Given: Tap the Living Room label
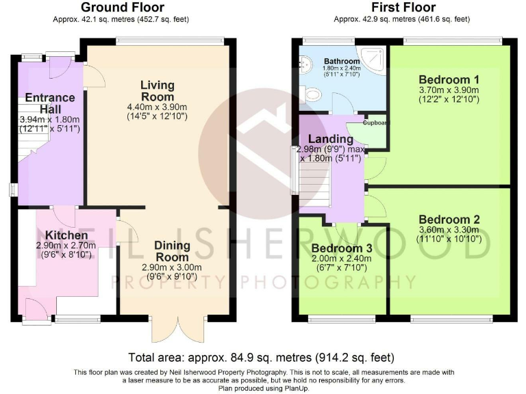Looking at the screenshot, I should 158,91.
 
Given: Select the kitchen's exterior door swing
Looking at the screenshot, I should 34,308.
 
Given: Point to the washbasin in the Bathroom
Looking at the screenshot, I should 304,64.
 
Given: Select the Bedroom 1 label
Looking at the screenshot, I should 449,77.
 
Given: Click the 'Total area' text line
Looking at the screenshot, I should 262,357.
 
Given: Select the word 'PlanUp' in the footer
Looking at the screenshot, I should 292,388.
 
